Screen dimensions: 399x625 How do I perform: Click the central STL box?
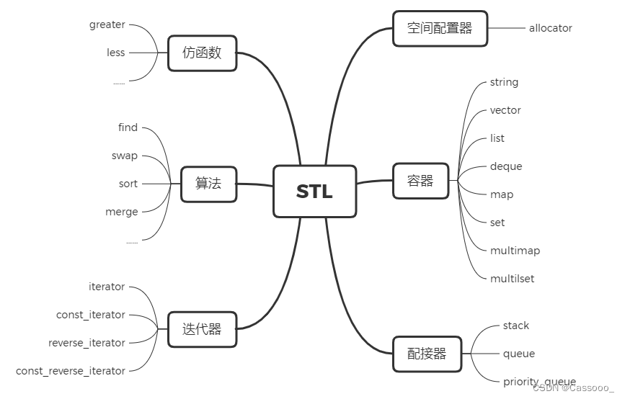314,192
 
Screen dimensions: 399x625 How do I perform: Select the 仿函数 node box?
202,53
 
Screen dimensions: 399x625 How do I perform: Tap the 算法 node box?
208,184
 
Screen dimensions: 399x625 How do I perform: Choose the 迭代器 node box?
202,330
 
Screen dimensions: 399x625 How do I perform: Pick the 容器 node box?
420,181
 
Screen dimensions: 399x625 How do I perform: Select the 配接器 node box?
427,354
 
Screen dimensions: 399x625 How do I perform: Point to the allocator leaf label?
550,28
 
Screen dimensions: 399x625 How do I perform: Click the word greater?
107,24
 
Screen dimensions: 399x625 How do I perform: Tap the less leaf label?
115,53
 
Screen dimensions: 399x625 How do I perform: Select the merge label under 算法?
122,212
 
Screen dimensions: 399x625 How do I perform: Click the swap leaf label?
124,156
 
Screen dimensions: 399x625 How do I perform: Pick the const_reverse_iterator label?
71,371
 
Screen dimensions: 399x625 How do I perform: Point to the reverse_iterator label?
87,343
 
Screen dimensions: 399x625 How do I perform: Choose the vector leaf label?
505,110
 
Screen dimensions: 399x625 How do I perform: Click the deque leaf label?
506,166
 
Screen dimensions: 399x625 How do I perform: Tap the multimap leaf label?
515,251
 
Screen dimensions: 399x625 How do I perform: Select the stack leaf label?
516,326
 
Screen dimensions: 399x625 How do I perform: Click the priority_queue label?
539,382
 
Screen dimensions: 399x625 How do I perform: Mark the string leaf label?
504,82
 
